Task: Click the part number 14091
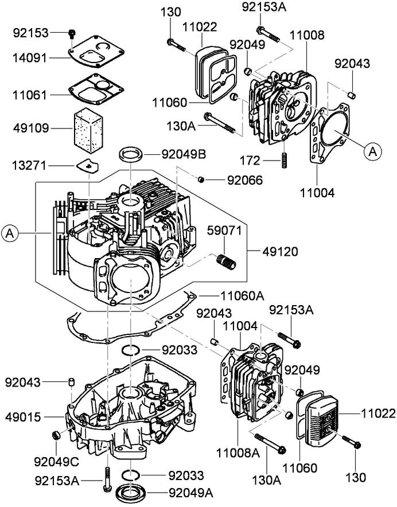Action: click(x=29, y=58)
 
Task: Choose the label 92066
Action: click(x=245, y=180)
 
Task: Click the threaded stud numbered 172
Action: click(x=283, y=160)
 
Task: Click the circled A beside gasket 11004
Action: click(x=371, y=151)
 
